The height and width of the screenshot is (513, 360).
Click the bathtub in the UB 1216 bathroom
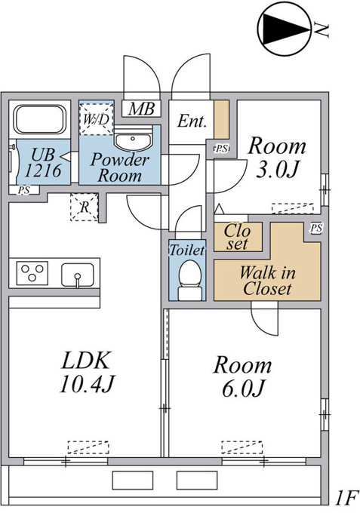[x=39, y=119]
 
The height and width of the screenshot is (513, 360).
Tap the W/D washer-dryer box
[x=96, y=118]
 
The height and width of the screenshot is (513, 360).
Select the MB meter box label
[x=141, y=109]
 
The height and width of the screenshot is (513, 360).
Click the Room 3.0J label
[x=277, y=158]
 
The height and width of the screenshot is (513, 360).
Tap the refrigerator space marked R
[x=85, y=207]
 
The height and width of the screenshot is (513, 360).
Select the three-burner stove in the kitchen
[x=32, y=273]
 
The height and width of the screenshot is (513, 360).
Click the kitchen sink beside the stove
[x=78, y=275]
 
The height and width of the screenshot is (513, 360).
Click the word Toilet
[x=187, y=250]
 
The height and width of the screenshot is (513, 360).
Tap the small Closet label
[x=238, y=237]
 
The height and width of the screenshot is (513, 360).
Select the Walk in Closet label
[x=267, y=281]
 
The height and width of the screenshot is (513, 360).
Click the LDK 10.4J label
[x=87, y=372]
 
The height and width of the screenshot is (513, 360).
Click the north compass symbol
[x=284, y=29]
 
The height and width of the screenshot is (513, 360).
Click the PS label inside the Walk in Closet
[x=316, y=228]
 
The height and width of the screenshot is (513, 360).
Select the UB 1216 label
[x=43, y=162]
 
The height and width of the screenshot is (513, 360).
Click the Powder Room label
[x=120, y=167]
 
